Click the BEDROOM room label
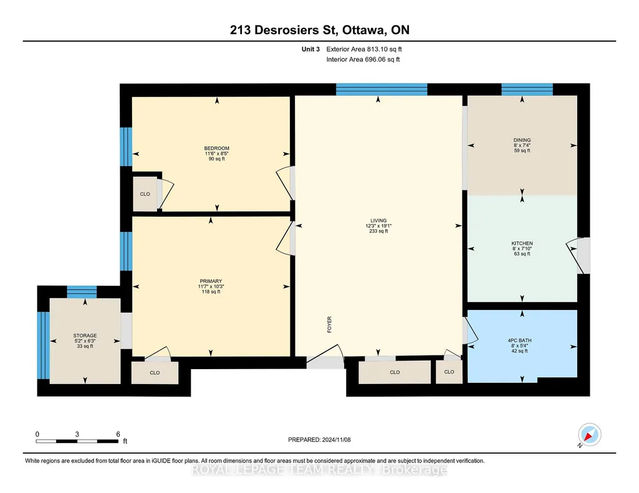point(216,148)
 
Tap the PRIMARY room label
point(211,281)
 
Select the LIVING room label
point(378,220)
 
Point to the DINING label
point(522,140)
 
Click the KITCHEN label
point(522,243)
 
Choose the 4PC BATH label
point(519,340)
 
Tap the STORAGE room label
point(85,336)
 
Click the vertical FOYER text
point(329,324)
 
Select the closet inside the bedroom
point(145,194)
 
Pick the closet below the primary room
point(155,373)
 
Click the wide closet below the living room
point(395,372)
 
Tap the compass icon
point(589,434)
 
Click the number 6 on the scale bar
point(118,434)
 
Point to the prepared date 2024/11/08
point(336,439)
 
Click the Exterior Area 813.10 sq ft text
point(364,49)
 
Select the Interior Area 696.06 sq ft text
point(363,59)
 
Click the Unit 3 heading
point(310,49)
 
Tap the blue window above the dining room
point(527,90)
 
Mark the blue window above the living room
point(382,90)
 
